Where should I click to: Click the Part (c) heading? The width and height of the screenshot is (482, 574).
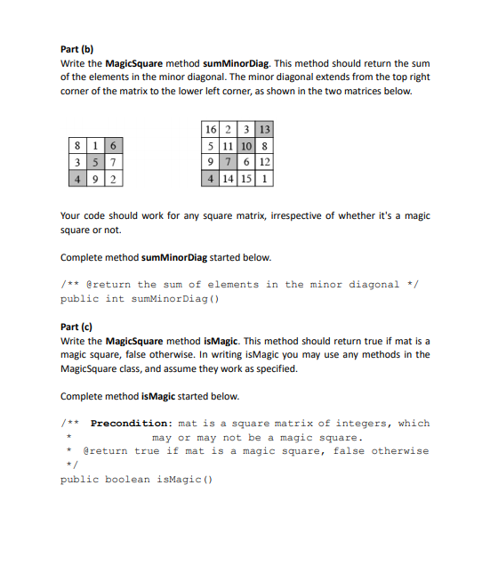pos(76,327)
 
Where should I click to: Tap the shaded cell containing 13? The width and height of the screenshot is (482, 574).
pos(264,129)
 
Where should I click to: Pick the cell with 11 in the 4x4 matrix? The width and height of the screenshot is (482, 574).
pos(229,145)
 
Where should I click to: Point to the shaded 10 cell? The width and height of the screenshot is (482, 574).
pos(247,145)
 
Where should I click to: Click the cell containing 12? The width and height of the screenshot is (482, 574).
pos(265,161)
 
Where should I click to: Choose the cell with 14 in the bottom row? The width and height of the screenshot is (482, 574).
pos(229,177)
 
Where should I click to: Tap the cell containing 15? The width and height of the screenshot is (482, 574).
pos(247,177)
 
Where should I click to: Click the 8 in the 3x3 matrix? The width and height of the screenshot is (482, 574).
pos(79,145)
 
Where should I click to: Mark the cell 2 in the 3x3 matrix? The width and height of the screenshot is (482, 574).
pos(115,177)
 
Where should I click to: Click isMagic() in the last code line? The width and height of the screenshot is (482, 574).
pos(185,480)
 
